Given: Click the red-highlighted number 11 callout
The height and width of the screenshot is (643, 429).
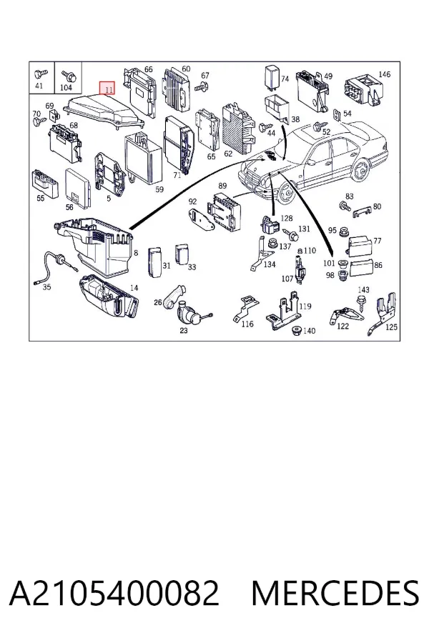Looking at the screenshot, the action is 107,88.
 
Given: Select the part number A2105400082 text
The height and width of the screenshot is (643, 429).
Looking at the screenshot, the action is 114,592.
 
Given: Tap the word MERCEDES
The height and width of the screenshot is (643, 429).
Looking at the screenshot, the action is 335,592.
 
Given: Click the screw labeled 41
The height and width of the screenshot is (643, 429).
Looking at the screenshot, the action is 40,74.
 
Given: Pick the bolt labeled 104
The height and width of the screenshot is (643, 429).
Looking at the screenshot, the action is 68,76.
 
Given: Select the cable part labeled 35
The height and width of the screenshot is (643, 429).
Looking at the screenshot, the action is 54,267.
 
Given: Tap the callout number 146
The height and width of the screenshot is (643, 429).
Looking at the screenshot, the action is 384,74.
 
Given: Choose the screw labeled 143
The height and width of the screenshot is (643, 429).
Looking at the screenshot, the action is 361,304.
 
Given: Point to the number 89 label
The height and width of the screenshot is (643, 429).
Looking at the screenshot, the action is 222,186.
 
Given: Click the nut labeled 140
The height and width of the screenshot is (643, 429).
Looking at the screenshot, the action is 295,331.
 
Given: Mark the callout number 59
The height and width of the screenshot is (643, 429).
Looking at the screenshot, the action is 159,189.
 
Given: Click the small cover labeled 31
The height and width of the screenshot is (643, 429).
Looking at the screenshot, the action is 154,261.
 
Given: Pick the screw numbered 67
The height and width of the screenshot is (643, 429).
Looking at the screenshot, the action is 202,86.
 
